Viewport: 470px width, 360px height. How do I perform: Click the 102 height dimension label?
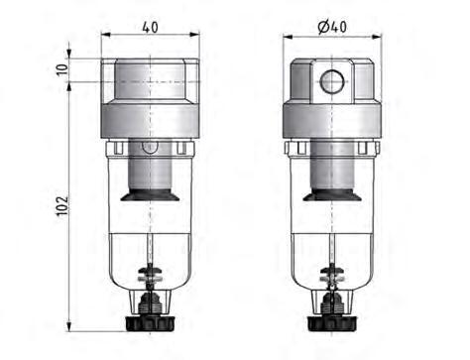(62, 205)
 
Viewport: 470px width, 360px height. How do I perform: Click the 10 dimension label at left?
(61, 69)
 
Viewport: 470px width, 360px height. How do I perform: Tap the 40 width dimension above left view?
(151, 27)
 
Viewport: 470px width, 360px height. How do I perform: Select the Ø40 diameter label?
(332, 27)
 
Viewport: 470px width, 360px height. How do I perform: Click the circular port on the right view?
(332, 81)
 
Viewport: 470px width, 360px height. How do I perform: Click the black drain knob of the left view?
(150, 324)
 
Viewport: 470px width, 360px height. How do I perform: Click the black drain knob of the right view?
(333, 324)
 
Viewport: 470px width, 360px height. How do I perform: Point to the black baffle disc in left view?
(150, 194)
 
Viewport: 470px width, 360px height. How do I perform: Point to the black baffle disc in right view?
(332, 194)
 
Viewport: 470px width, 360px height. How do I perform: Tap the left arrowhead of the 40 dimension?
(105, 34)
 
